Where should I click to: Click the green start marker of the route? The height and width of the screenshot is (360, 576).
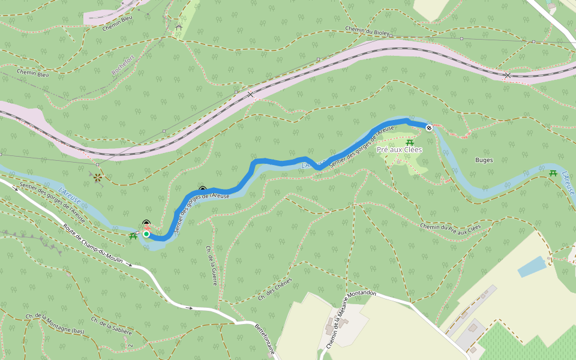(x=146, y=234)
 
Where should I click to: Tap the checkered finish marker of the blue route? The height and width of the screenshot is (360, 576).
(x=429, y=127)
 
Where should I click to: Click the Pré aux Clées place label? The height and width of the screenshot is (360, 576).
(x=399, y=149)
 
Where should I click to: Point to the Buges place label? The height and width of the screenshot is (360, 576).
(x=484, y=160)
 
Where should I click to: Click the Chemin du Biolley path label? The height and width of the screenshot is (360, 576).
(x=368, y=31)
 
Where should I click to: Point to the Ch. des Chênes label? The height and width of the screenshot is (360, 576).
(x=275, y=289)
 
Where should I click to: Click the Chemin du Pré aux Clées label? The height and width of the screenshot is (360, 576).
(x=451, y=227)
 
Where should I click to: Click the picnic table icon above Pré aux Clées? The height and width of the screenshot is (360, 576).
(x=410, y=142)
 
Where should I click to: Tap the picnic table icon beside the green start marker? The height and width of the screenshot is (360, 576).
(x=133, y=236)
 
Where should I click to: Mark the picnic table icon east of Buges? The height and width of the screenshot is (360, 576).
(x=553, y=173)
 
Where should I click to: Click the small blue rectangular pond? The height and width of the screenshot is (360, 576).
(x=532, y=266)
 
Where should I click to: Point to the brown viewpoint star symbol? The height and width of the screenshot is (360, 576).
(x=97, y=177)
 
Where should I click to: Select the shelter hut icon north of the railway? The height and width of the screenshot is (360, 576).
(x=178, y=27)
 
